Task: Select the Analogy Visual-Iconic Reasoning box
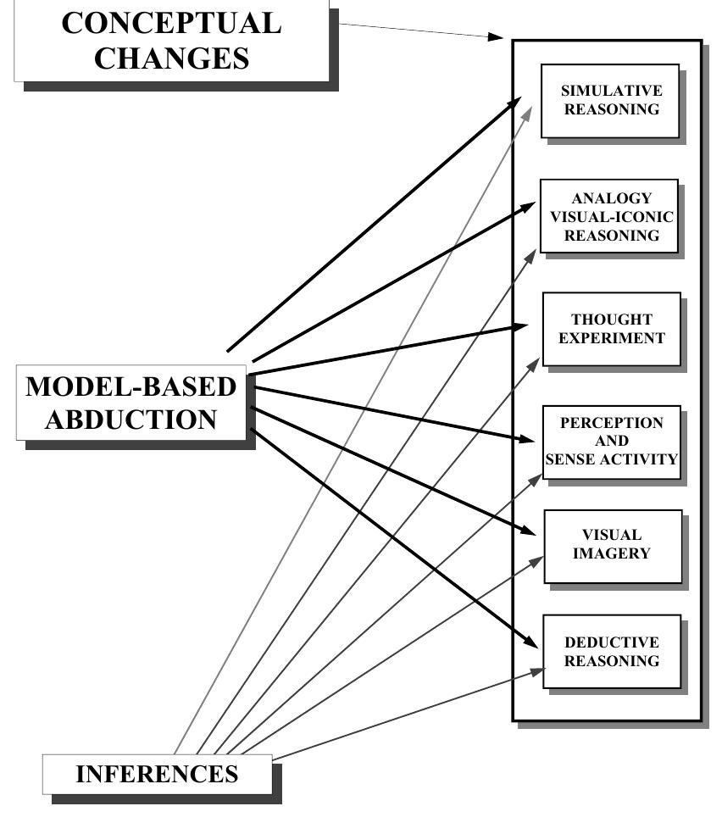click(x=609, y=216)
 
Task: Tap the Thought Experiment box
click(x=611, y=329)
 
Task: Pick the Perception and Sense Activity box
click(x=611, y=442)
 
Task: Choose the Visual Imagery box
click(x=612, y=545)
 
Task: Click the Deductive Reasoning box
click(x=611, y=651)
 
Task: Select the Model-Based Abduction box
click(x=131, y=403)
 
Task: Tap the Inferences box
click(x=158, y=774)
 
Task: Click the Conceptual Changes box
click(x=171, y=40)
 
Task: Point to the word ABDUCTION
click(x=131, y=420)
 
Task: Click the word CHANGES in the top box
click(x=171, y=59)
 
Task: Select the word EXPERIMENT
click(x=611, y=338)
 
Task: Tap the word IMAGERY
click(x=612, y=553)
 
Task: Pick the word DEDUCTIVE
click(x=611, y=642)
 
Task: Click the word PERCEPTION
click(x=611, y=423)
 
